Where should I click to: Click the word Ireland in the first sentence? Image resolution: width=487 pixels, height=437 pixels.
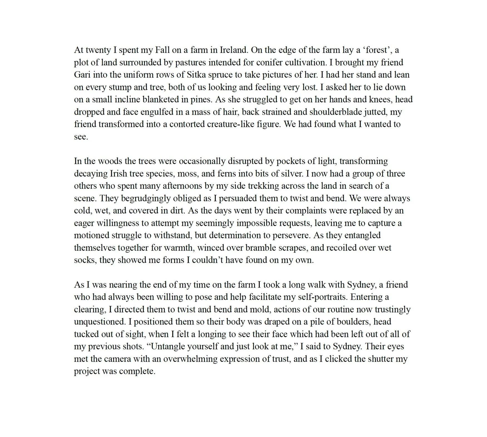pos(233,50)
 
